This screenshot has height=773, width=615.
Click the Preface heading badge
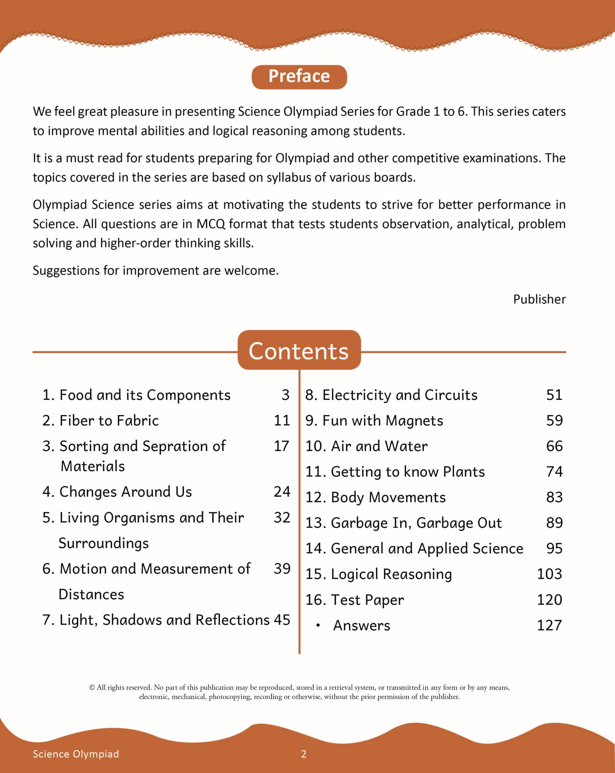tap(299, 76)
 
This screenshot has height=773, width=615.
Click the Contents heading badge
tap(299, 350)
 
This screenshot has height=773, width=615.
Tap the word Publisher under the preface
tap(539, 299)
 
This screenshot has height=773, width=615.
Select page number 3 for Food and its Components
tap(285, 395)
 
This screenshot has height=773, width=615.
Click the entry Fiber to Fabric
tap(101, 420)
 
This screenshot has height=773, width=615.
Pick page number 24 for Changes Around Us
tap(282, 492)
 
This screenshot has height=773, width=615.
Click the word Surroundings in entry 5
tap(104, 543)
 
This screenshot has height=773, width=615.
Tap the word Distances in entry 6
tap(91, 594)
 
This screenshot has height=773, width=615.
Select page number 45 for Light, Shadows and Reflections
tap(282, 620)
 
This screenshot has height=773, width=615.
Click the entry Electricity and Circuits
tap(391, 395)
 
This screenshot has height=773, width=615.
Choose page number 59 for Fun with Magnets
tap(554, 421)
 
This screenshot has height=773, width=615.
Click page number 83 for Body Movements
tap(554, 497)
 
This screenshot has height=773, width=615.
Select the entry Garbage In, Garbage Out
tap(403, 523)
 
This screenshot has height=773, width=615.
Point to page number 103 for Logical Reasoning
tap(549, 574)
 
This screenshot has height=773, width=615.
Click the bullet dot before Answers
tap(318, 626)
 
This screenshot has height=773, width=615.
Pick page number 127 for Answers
tap(549, 625)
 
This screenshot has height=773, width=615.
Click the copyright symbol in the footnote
tap(92, 688)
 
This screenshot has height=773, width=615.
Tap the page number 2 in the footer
tap(304, 754)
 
